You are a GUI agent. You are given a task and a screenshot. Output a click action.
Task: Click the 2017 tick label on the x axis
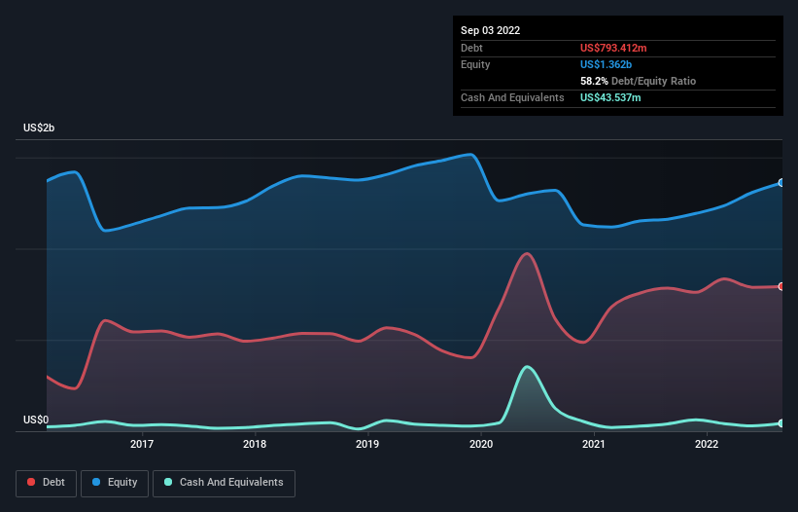tap(142, 445)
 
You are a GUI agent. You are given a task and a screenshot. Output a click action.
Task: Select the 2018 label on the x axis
tap(255, 445)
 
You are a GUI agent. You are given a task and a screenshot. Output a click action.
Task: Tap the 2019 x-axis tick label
tap(367, 445)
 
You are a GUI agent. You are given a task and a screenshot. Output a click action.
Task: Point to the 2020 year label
tap(481, 445)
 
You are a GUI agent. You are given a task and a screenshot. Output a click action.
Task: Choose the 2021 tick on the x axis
tap(594, 445)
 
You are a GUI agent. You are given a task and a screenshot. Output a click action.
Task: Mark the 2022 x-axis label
tap(707, 445)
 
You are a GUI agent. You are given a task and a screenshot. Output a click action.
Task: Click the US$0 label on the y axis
tap(36, 420)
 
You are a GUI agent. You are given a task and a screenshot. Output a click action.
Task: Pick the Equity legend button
tap(116, 483)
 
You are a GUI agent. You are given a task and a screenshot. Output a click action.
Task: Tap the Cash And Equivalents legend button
tap(224, 483)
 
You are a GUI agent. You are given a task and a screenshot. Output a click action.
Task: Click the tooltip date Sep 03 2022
tap(490, 30)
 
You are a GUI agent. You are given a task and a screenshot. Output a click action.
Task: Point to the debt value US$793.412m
tap(621, 48)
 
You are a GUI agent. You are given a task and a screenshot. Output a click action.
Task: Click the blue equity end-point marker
tap(781, 183)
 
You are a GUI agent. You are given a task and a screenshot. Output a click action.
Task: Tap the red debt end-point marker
tap(781, 286)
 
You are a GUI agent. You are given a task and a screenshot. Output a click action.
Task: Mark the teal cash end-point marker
tap(781, 423)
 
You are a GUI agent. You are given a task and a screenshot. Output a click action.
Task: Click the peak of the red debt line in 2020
tap(527, 253)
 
